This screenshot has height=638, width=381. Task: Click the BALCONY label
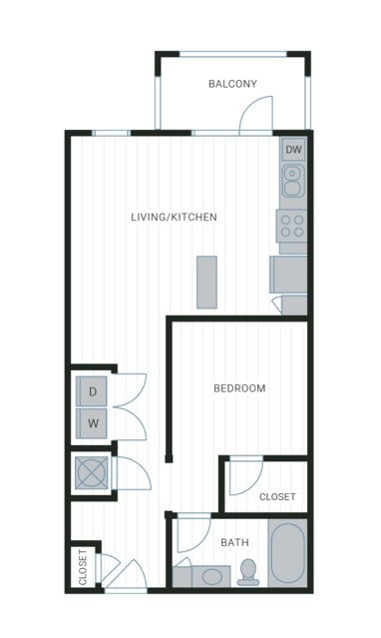(232, 84)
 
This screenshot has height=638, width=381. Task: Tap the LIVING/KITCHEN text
(174, 217)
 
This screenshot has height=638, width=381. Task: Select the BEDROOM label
(239, 388)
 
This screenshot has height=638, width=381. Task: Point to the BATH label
(234, 542)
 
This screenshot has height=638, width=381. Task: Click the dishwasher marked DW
(293, 150)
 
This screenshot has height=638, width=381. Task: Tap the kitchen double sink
(293, 181)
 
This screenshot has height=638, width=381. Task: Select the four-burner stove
(292, 226)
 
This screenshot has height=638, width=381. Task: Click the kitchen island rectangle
(207, 282)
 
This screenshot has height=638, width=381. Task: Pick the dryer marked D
(92, 391)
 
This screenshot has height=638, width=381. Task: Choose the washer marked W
(92, 423)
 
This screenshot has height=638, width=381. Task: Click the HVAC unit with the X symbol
(92, 472)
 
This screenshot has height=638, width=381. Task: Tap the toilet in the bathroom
(248, 572)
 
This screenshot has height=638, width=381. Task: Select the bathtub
(288, 553)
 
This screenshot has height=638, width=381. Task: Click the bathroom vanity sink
(212, 576)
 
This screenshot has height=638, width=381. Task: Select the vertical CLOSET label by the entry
(83, 567)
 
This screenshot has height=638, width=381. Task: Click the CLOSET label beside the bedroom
(277, 497)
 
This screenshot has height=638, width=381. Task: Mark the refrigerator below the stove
(288, 275)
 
